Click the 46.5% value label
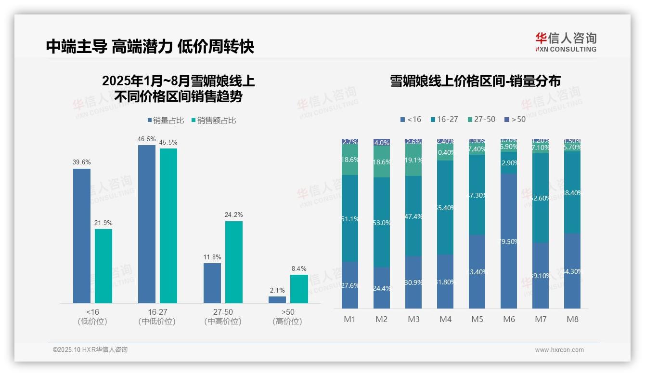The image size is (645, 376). tap(147, 139)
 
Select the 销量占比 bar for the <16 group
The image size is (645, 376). tap(82, 236)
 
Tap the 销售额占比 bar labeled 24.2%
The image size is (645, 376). tap(234, 262)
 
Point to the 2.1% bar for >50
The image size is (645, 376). tap(277, 300)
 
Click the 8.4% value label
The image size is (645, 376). tap(298, 269)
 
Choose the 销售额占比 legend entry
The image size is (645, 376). tap(214, 121)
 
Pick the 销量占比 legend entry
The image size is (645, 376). tap(165, 121)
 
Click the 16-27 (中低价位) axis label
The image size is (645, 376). tap(157, 316)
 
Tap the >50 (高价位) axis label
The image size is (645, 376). tap(287, 316)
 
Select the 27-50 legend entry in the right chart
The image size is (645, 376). tap(481, 119)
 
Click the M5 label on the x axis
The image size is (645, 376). tap(477, 319)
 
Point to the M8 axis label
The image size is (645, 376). tap(572, 319)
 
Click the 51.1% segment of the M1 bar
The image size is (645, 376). tap(350, 219)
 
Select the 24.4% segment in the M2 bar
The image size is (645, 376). tap(382, 288)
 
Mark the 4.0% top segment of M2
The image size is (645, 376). tap(382, 143)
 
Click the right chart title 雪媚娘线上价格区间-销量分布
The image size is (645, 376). tap(475, 81)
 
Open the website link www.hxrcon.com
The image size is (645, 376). tap(559, 350)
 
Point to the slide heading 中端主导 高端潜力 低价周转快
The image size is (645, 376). tap(150, 46)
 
